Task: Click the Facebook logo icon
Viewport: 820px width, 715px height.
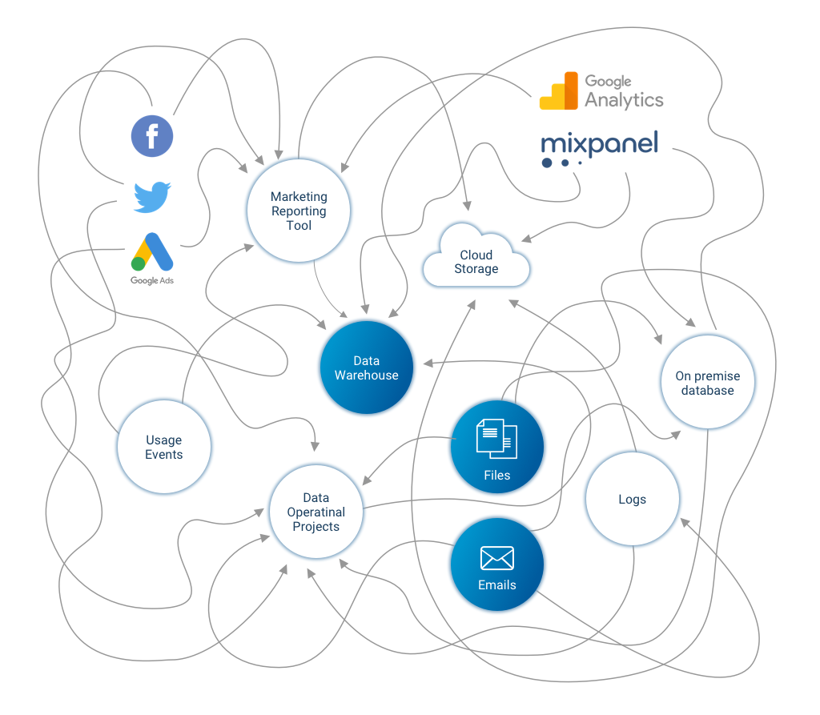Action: pos(152,135)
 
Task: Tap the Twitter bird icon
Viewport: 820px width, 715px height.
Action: pos(152,196)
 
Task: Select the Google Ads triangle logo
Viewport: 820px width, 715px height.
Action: pos(152,252)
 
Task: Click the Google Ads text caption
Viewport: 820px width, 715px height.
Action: pos(152,281)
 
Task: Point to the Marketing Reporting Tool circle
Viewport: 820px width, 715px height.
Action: pos(299,211)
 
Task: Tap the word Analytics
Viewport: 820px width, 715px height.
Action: pos(624,100)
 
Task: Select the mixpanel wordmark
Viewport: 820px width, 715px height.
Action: pos(599,143)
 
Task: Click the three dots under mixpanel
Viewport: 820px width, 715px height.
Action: pos(561,163)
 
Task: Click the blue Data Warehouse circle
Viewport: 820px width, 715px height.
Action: pos(367,368)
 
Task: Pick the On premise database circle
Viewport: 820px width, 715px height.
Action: pos(708,382)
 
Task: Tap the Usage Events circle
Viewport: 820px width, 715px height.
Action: pos(164,447)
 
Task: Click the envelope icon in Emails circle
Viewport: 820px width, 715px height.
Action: pos(496,558)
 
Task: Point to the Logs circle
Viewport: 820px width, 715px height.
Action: pos(633,499)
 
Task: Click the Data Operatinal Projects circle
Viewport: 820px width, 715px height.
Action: pos(316,512)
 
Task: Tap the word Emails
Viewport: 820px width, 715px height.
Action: pos(496,585)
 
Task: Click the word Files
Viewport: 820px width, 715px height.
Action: pos(496,475)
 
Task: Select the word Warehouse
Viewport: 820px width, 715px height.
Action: pos(367,376)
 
